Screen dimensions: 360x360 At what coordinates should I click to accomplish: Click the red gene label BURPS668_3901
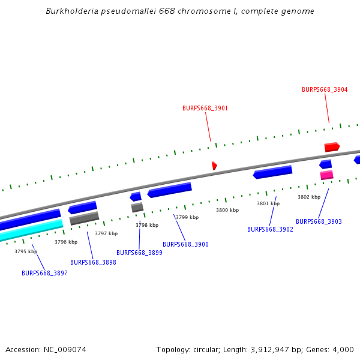click(x=205, y=109)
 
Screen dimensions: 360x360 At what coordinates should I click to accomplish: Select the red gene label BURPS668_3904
click(x=325, y=89)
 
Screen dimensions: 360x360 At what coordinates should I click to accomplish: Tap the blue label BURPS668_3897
click(x=44, y=273)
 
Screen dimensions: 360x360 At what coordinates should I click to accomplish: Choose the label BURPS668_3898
click(x=93, y=262)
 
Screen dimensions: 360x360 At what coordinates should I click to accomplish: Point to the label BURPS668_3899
click(x=139, y=253)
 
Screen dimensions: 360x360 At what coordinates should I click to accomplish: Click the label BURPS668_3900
click(x=185, y=244)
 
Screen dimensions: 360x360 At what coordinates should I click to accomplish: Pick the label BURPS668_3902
click(x=270, y=229)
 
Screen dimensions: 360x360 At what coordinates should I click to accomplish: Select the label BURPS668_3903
click(x=319, y=221)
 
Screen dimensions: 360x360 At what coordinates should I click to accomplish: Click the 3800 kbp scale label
click(x=227, y=210)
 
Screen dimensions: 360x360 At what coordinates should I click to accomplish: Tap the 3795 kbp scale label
click(x=26, y=251)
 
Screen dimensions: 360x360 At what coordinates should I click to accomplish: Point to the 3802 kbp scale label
click(x=309, y=197)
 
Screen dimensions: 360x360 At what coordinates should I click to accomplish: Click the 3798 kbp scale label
click(x=147, y=225)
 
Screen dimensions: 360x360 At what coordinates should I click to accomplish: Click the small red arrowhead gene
click(x=214, y=165)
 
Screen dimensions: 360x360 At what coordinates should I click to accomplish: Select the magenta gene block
click(x=326, y=175)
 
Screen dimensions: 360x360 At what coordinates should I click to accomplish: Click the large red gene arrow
click(x=332, y=147)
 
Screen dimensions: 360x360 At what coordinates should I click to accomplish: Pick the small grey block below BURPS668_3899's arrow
click(x=137, y=208)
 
